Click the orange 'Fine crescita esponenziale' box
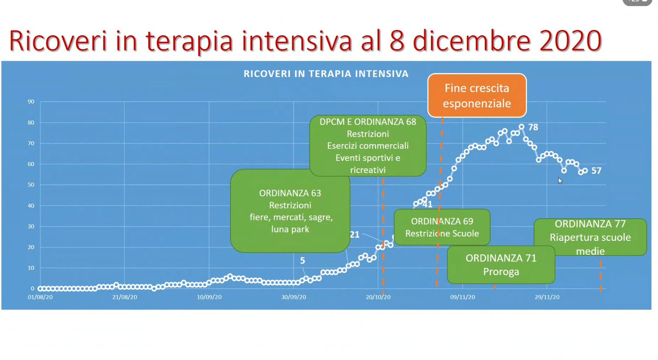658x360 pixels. coord(477,95)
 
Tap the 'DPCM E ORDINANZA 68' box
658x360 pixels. coord(368,146)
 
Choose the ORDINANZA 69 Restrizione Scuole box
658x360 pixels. coord(442,227)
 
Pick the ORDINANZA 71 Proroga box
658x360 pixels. coord(501,265)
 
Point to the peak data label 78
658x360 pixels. coord(533,127)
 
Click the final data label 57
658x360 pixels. coord(596,170)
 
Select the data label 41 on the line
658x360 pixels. coord(428,204)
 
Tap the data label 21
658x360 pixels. coord(354,235)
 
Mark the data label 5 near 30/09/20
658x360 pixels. coord(303,260)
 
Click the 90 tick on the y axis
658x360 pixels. coord(31,102)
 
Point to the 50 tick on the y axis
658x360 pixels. coord(31,185)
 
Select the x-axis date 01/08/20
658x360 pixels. coord(40,297)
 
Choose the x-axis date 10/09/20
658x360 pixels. coord(209,297)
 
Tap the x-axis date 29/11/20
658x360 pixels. coord(547,297)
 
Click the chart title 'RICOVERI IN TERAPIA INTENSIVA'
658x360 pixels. coord(326,74)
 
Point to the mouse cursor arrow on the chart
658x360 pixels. coord(560,181)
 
